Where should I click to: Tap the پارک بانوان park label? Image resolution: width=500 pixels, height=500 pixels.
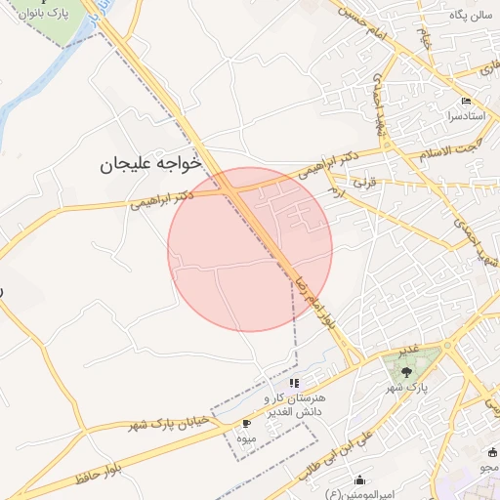coord(53,18)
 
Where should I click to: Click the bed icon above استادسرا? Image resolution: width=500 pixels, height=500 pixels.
coord(466,102)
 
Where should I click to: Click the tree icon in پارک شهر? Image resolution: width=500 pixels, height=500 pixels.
coord(406,370)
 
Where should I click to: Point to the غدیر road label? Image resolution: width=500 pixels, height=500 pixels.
coord(407,349)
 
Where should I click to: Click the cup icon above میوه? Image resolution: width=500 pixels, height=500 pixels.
coord(246,423)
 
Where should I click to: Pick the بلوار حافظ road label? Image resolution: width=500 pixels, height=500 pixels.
coord(98,476)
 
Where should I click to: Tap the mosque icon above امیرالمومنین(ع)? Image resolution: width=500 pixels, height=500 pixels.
coord(359,479)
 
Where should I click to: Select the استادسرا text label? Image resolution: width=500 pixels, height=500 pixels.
coord(466,115)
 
